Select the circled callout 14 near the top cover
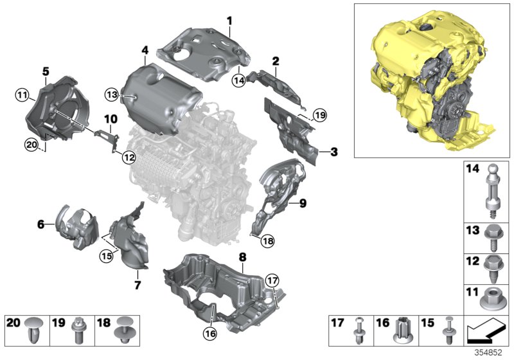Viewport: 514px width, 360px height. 239,81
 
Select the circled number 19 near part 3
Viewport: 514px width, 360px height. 319,116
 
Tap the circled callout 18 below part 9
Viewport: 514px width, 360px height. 267,240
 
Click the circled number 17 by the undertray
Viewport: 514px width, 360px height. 272,280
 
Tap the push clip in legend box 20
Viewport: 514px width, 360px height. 33,332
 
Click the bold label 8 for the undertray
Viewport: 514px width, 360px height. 242,256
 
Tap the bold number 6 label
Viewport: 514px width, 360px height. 40,224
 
